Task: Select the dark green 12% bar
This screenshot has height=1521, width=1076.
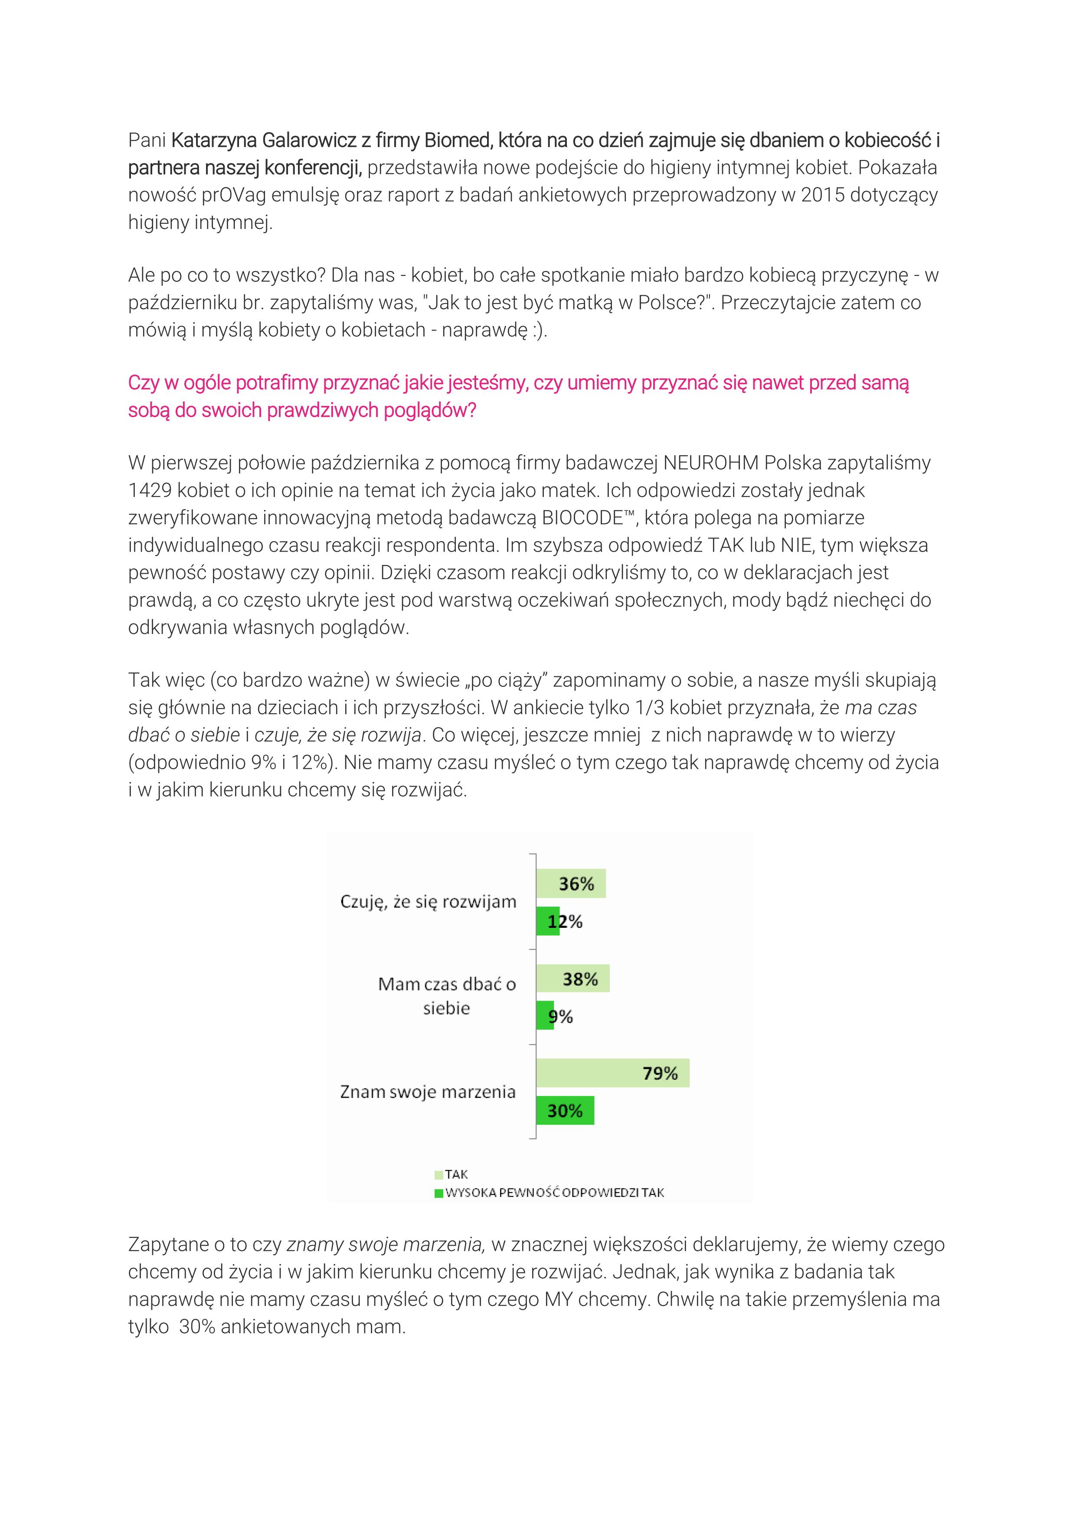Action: [x=547, y=921]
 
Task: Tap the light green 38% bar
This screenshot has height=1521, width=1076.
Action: [x=572, y=979]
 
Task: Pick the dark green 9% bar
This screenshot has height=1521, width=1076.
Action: [x=545, y=1015]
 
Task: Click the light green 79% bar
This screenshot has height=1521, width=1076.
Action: [x=612, y=1073]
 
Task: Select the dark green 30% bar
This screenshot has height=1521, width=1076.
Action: [x=565, y=1111]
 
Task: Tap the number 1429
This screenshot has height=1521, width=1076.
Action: [x=150, y=490]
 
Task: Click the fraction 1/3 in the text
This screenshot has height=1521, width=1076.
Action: [x=649, y=708]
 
